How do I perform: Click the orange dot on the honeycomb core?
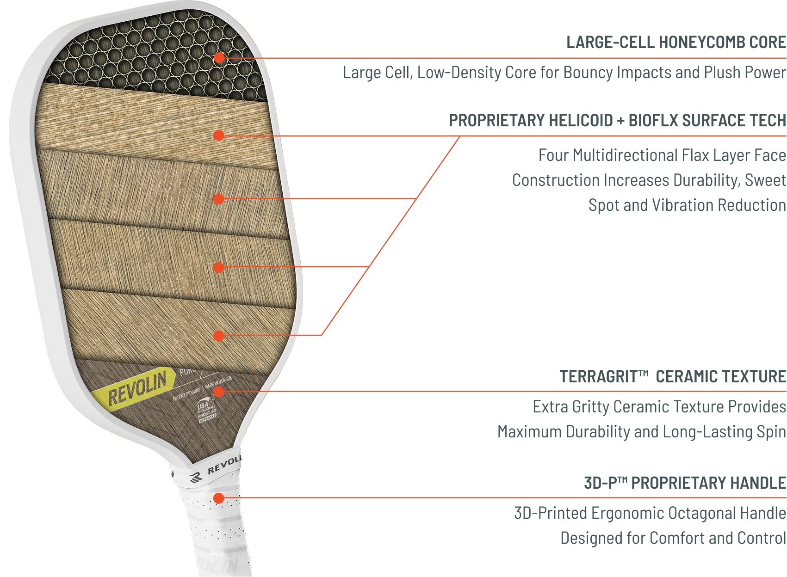point(219,58)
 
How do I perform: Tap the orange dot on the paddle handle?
point(219,498)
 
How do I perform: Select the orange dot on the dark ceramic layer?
point(219,392)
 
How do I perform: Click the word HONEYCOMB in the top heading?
point(701,43)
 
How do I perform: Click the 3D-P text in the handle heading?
point(600,483)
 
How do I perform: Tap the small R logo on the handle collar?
point(196,477)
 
